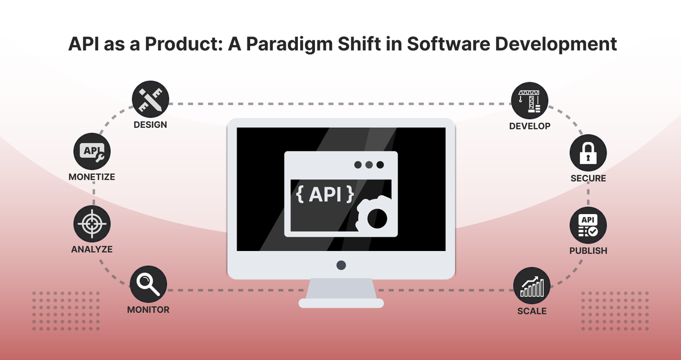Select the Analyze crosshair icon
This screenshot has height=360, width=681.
92,224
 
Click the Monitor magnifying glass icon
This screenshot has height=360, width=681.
148,284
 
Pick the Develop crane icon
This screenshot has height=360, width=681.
530,101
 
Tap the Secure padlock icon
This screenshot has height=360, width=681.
588,153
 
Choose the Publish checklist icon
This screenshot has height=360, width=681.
588,225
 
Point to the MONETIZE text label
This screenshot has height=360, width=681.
92,177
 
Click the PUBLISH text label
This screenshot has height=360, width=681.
588,250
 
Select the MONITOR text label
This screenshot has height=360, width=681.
148,309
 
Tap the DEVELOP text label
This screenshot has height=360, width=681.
530,125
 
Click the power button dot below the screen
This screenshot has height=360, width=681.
341,265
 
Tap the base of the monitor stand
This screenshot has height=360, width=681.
341,303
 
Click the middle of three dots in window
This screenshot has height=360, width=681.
369,165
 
